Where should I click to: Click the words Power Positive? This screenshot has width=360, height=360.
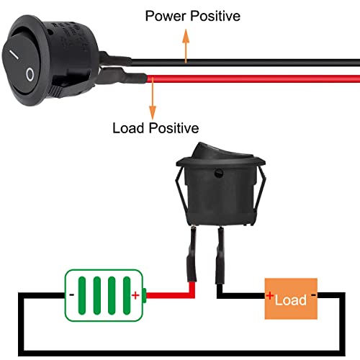click(x=192, y=15)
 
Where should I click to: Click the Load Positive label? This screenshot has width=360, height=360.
click(x=156, y=129)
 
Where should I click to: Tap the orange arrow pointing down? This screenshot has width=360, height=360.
click(x=153, y=97)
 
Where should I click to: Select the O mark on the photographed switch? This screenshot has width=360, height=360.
click(x=30, y=73)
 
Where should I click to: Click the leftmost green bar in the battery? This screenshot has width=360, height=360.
click(x=84, y=295)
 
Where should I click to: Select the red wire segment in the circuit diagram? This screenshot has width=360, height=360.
click(x=173, y=294)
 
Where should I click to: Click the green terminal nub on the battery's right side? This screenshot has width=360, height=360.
click(x=145, y=294)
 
